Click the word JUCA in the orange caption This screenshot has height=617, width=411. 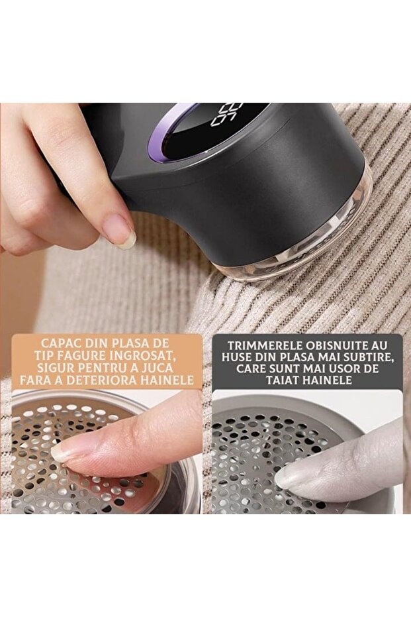pyautogui.click(x=156, y=368)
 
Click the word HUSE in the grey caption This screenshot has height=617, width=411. pyautogui.click(x=236, y=358)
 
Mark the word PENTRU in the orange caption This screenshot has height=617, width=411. pyautogui.click(x=105, y=368)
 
